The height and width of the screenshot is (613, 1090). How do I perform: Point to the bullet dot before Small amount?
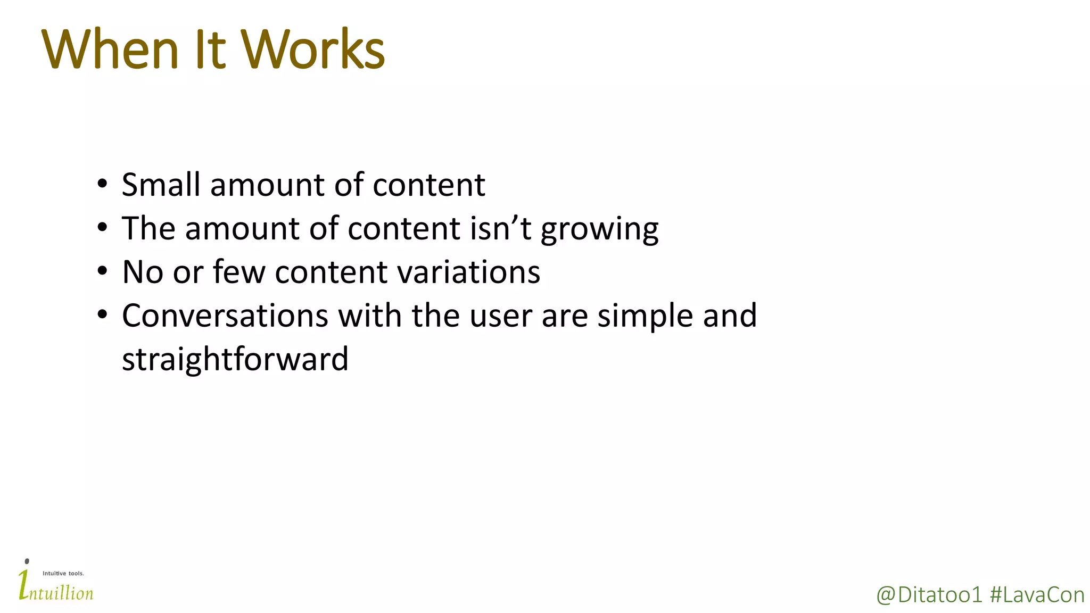[102, 185]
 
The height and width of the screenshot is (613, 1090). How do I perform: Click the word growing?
[599, 230]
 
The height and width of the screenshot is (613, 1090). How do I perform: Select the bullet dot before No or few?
[102, 272]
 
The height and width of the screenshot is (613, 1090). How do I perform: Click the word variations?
[469, 272]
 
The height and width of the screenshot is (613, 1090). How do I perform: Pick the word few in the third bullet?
[239, 272]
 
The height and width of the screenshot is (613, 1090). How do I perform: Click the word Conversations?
[225, 316]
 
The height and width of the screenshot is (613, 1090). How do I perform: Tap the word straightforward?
[235, 359]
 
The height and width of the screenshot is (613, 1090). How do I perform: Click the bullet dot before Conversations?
[102, 316]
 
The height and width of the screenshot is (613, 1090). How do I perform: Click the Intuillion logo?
[55, 586]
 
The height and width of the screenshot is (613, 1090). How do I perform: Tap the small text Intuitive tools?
[63, 573]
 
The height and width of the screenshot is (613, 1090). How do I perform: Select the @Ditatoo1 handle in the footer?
[929, 595]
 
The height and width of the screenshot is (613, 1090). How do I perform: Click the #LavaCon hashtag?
[1037, 595]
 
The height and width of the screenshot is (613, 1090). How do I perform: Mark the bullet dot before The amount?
[102, 228]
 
